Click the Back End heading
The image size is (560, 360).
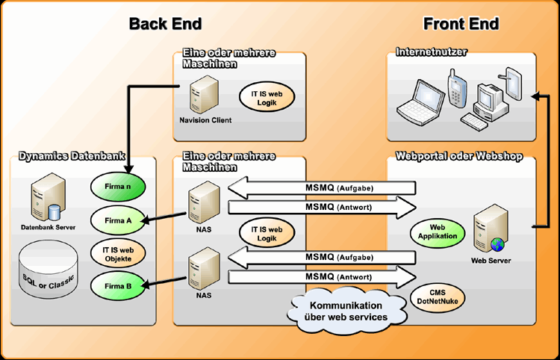[165, 23]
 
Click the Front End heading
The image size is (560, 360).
[461, 23]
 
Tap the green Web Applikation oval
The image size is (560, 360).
[437, 232]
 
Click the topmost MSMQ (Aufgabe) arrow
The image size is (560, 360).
[321, 187]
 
